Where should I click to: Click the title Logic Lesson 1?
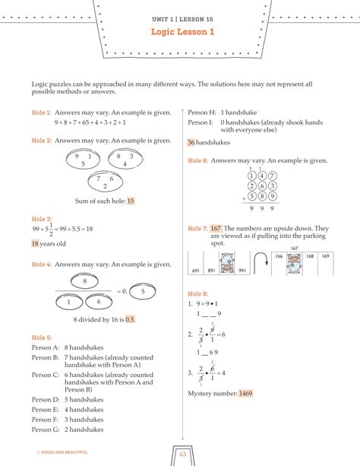[x=182, y=32]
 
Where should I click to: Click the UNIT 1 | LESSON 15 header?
[x=182, y=17]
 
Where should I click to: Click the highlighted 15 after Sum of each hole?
[x=131, y=201]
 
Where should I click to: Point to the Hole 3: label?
[x=42, y=218]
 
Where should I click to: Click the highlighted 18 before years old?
[x=35, y=244]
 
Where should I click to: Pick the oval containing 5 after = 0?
[x=142, y=290]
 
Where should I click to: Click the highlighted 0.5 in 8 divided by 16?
[x=130, y=319]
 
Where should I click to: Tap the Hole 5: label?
[x=42, y=337]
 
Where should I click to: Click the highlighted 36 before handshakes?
[x=191, y=141]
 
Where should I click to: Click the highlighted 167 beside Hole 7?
[x=216, y=228]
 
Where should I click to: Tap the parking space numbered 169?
[x=325, y=257]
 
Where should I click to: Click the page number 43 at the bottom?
[x=182, y=454]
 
